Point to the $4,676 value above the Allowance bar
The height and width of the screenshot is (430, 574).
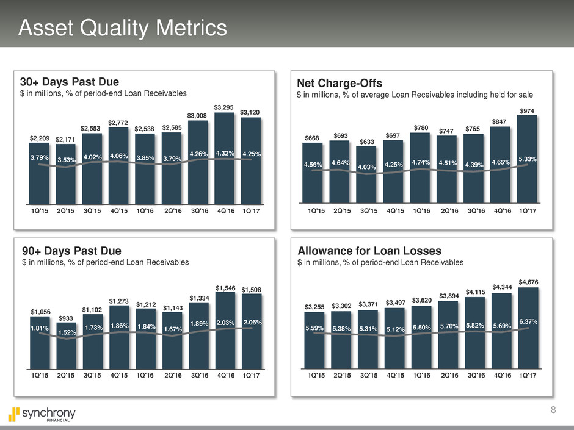click(528, 281)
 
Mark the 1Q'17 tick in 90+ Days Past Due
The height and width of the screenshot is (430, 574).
click(251, 376)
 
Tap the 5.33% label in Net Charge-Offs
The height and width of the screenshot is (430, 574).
click(527, 159)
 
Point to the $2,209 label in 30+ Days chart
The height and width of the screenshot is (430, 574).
click(40, 139)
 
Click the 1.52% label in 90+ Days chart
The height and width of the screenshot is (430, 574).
click(65, 332)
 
